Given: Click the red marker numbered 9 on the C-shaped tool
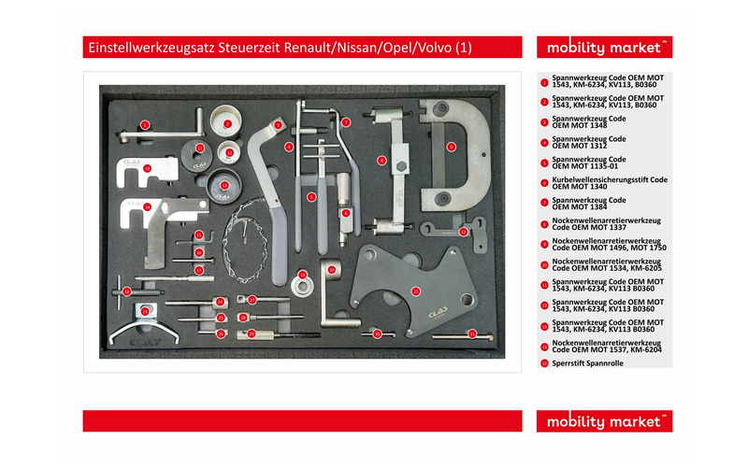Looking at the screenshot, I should tap(451, 147).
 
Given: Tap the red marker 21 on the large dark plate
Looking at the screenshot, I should tap(414, 291).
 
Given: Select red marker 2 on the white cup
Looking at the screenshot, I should tap(225, 122).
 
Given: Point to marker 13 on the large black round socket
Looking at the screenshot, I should tap(225, 186).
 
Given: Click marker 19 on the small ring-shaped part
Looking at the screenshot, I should tap(302, 275).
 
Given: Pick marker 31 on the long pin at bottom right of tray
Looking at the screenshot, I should tap(472, 333).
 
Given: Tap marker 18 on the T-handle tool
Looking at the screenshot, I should tap(127, 291).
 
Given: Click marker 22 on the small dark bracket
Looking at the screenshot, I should tap(463, 231).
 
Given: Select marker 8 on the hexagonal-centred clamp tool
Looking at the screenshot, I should tap(381, 161).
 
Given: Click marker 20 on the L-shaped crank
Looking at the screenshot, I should tap(331, 269).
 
